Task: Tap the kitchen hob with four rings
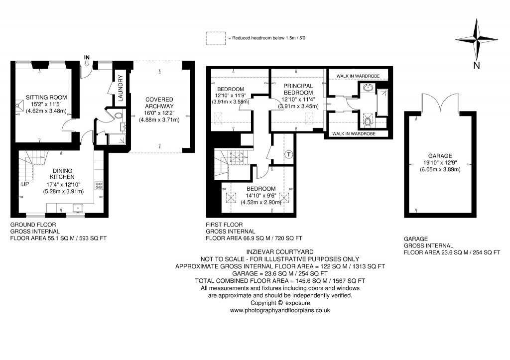coord(99,185)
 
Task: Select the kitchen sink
coord(78,208)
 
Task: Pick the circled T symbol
coord(289,154)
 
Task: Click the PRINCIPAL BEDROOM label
coord(298,89)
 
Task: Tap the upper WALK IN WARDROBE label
coord(359,76)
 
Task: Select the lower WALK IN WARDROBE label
coord(353,133)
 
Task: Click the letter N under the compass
coord(477,66)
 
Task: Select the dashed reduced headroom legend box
coord(215,38)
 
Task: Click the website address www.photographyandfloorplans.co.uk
coord(280,310)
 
